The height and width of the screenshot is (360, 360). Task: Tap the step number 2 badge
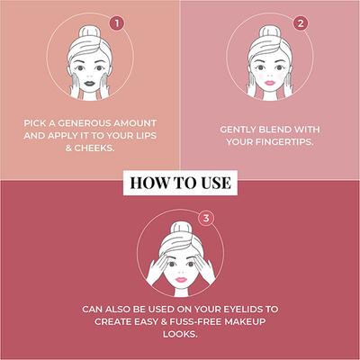tap(300, 23)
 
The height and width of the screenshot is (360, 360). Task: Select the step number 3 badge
tap(208, 218)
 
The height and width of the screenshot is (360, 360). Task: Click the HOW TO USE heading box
tap(181, 183)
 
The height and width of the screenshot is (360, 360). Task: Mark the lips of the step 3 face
tap(178, 272)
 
